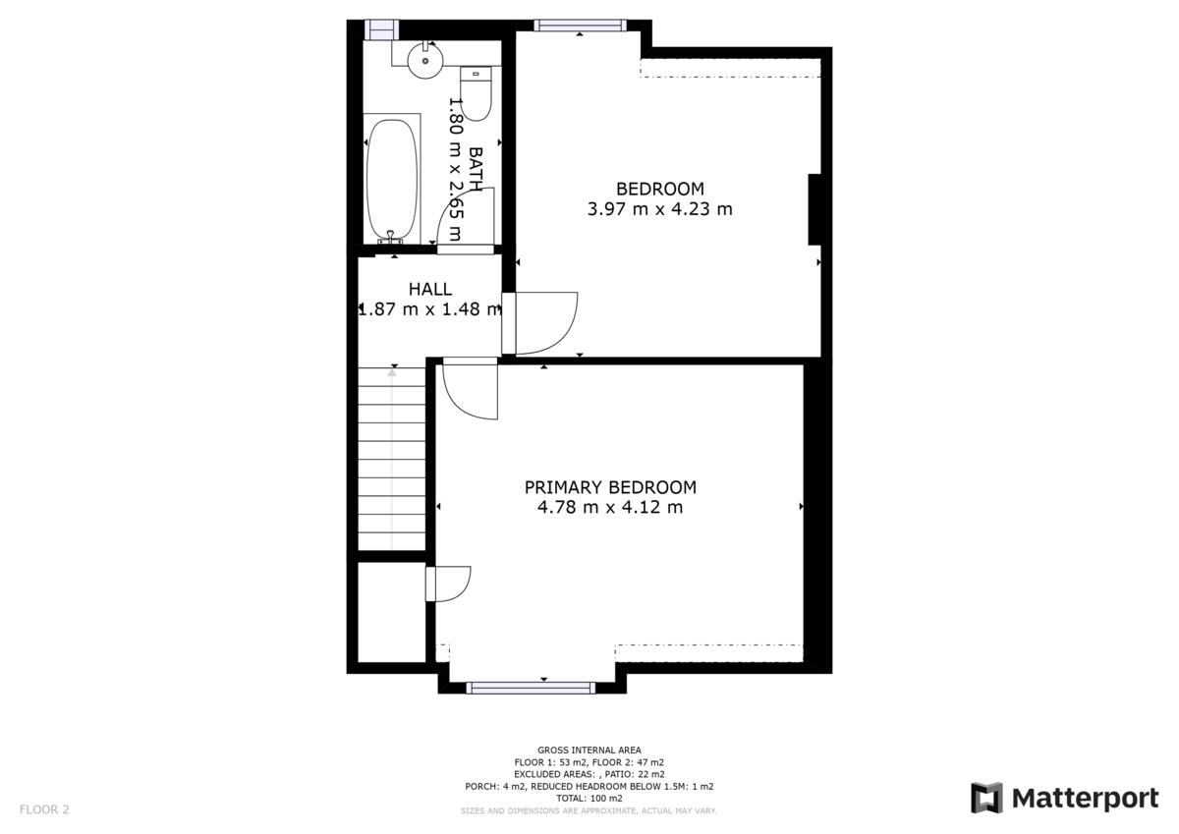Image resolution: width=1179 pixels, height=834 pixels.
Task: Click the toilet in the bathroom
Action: coord(476,93)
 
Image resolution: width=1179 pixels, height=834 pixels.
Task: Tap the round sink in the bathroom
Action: coord(425,61)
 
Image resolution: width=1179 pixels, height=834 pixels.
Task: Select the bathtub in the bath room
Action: coord(392,181)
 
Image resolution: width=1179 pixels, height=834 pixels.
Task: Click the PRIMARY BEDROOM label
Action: coord(610,487)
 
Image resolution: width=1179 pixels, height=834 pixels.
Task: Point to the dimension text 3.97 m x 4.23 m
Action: coord(659,209)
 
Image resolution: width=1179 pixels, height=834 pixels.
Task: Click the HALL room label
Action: coord(430,289)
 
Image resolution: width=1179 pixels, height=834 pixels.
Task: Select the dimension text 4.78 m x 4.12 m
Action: coord(610,507)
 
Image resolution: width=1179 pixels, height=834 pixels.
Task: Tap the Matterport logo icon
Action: coord(986,798)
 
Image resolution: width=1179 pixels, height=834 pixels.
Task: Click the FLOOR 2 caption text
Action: coord(44,809)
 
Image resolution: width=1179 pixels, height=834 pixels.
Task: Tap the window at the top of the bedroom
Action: coord(580,26)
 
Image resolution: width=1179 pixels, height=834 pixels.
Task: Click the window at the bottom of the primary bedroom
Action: coord(531,688)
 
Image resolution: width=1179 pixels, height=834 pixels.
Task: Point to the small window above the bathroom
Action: coord(381,29)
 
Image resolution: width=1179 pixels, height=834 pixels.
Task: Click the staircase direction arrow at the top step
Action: coord(392,372)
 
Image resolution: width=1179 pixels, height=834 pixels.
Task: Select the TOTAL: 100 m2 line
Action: coord(589,799)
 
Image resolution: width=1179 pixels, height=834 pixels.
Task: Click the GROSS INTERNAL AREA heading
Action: coord(589,751)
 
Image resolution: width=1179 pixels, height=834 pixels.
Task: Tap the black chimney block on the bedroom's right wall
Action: coord(814,209)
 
